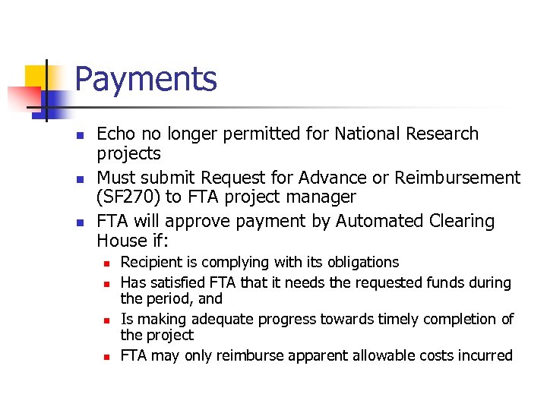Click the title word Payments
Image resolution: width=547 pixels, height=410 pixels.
tap(146, 79)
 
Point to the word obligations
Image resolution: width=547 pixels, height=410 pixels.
tap(362, 263)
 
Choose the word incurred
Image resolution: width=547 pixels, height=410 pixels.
tap(483, 355)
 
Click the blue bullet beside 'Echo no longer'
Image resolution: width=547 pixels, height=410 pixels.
tap(79, 135)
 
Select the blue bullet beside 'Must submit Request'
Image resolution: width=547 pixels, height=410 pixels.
tap(79, 178)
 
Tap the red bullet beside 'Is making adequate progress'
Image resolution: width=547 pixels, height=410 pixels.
tap(108, 320)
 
